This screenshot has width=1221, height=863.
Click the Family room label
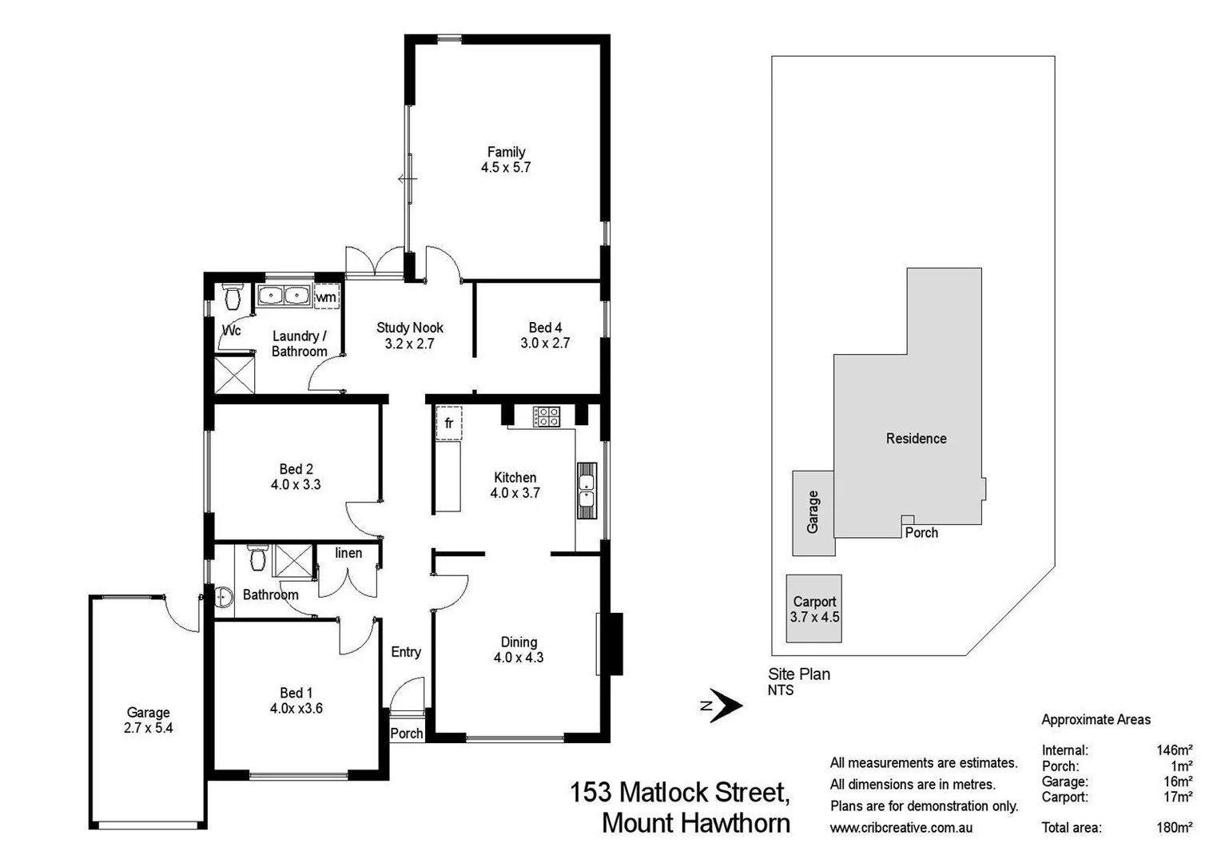point(506,152)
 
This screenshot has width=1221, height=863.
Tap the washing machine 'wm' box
point(326,297)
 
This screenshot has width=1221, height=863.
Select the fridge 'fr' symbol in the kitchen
point(448,424)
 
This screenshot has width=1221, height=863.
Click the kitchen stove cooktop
point(547,416)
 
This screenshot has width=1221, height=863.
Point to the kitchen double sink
point(587,491)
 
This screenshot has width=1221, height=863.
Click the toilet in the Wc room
point(233,297)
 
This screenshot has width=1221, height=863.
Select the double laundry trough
point(284,296)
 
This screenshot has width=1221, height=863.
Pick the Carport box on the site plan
point(813,609)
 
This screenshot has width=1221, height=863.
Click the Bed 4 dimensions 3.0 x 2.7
point(545,343)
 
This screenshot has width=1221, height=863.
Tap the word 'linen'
point(348,553)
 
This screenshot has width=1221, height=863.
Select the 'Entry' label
point(406,652)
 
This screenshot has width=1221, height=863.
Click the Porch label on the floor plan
point(407,734)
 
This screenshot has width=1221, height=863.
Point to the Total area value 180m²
point(1174,828)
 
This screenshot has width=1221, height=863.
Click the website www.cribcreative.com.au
point(901,828)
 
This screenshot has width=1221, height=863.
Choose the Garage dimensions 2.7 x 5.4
point(149,728)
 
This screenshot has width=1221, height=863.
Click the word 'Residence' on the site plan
point(916,439)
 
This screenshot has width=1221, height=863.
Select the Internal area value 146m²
point(1174,750)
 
